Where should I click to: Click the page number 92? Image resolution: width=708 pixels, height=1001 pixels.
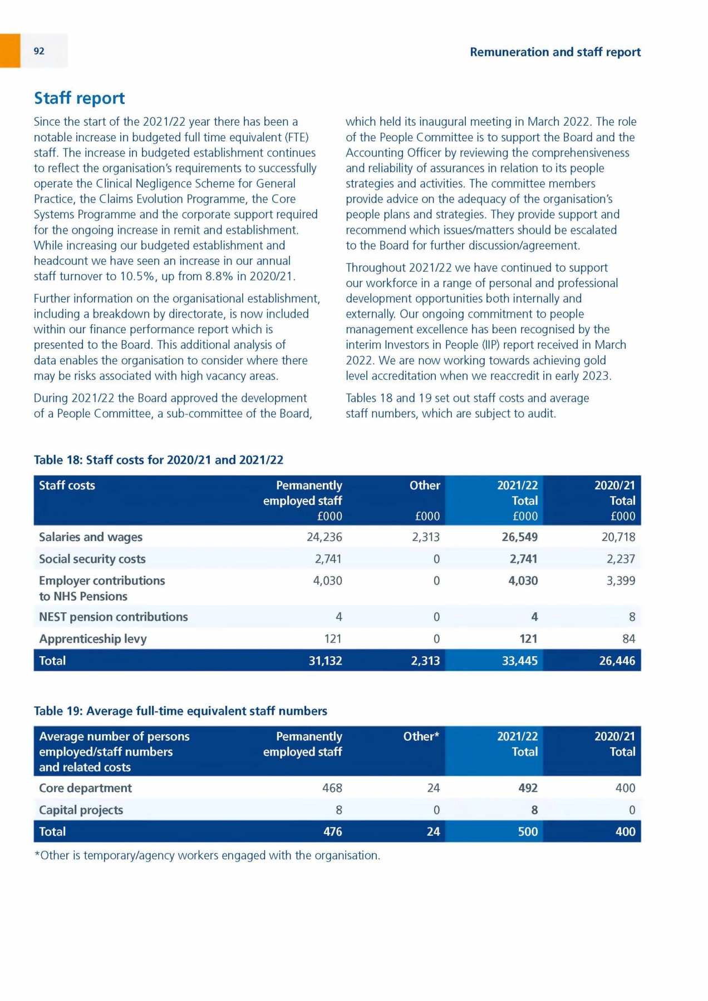pyautogui.click(x=39, y=51)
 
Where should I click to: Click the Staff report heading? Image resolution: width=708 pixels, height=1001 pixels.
pyautogui.click(x=79, y=98)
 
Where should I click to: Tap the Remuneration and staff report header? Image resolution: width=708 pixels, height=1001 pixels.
pyautogui.click(x=555, y=52)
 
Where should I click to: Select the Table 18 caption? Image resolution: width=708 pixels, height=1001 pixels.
pyautogui.click(x=159, y=460)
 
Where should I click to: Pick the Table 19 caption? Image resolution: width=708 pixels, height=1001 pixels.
pyautogui.click(x=180, y=711)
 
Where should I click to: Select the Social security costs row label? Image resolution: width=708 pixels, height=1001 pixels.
pyautogui.click(x=92, y=559)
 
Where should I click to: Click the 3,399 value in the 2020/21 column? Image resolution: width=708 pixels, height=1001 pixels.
pyautogui.click(x=621, y=581)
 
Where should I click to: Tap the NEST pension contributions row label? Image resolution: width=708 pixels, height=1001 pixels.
pyautogui.click(x=113, y=617)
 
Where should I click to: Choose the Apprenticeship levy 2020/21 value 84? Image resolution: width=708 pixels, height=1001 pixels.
pyautogui.click(x=628, y=639)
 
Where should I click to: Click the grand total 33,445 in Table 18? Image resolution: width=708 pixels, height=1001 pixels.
pyautogui.click(x=520, y=661)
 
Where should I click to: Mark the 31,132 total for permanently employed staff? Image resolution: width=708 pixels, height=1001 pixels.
pyautogui.click(x=325, y=661)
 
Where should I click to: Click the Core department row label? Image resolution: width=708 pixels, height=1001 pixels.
pyautogui.click(x=85, y=788)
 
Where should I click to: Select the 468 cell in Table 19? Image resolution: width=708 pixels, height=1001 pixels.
pyautogui.click(x=332, y=788)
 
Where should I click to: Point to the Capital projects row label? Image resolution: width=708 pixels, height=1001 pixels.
pyautogui.click(x=81, y=810)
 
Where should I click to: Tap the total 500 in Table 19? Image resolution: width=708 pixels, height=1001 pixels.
pyautogui.click(x=528, y=832)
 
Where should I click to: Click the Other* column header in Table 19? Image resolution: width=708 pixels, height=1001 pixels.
pyautogui.click(x=421, y=736)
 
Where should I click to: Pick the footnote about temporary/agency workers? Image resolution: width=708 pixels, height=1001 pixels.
pyautogui.click(x=207, y=855)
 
